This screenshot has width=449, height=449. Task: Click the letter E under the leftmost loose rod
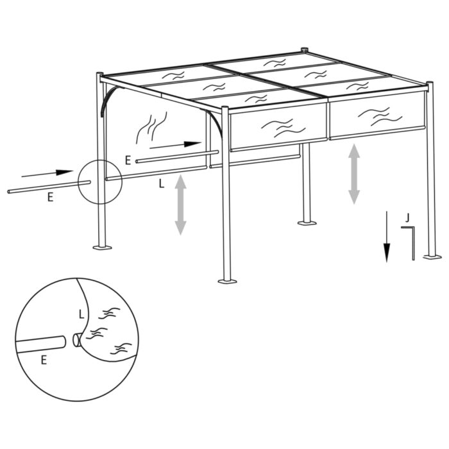point(50,198)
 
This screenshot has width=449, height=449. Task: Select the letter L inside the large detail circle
point(80,314)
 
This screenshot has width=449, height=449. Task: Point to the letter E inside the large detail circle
point(44,360)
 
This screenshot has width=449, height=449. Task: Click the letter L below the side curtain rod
point(162,183)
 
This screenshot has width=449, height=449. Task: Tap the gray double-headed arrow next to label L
point(180,205)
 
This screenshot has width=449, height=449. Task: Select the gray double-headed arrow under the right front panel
point(354,174)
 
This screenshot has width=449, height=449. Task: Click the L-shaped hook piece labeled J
point(411,241)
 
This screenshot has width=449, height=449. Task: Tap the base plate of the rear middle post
point(307,223)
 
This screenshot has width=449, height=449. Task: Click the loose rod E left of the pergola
point(48,187)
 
